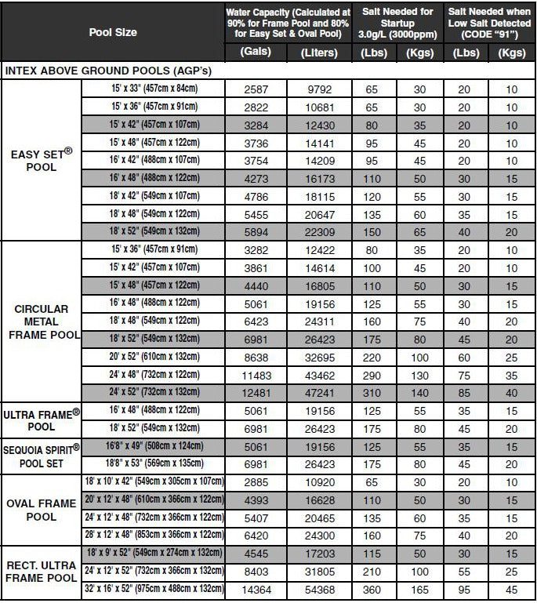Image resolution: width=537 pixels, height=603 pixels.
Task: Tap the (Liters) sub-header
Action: click(x=319, y=53)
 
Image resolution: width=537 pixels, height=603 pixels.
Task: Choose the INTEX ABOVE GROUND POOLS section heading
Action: click(x=109, y=71)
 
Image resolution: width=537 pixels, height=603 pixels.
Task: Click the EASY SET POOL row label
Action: click(x=42, y=161)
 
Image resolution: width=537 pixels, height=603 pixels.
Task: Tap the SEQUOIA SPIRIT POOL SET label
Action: click(x=42, y=454)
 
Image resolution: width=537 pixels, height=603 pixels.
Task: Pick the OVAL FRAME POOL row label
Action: click(x=42, y=510)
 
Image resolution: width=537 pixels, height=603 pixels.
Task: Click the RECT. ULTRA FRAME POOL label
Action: click(x=42, y=570)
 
